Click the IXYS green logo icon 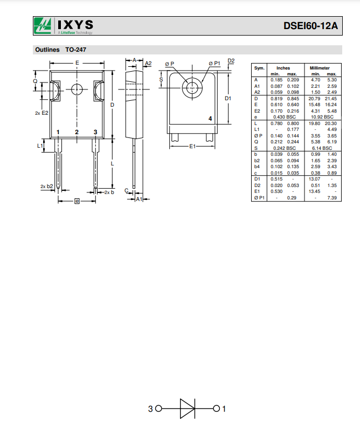(43, 25)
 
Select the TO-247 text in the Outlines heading (76, 50)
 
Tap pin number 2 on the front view (77, 132)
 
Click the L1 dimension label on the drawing (40, 146)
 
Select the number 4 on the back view (210, 119)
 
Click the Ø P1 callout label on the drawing (214, 64)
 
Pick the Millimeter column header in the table (320, 68)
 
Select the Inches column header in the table (283, 68)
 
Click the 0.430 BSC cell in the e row (283, 116)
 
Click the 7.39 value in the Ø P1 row (332, 198)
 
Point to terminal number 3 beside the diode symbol (151, 409)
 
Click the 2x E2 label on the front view (41, 113)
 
